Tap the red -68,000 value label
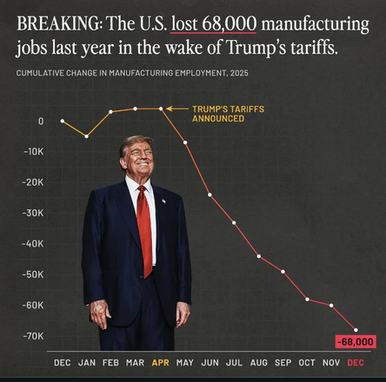(x=355, y=341)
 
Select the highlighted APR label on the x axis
(x=161, y=361)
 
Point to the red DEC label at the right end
(x=356, y=361)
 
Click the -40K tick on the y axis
(x=33, y=243)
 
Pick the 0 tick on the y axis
(x=40, y=121)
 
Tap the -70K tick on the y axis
(x=33, y=335)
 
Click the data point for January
(x=86, y=136)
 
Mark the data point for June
(x=210, y=194)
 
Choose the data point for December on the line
(x=356, y=329)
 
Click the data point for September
(x=283, y=272)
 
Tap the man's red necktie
(x=144, y=230)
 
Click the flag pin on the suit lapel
(x=163, y=201)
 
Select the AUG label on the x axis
(x=258, y=361)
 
